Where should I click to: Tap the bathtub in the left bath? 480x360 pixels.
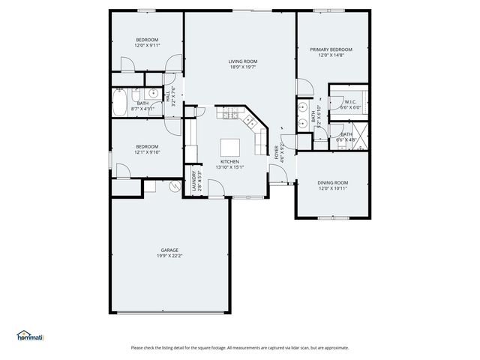(121, 103)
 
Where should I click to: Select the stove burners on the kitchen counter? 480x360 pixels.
(229, 115)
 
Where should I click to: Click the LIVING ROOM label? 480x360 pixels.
(243, 61)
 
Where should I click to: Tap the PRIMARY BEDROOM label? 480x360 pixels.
(331, 49)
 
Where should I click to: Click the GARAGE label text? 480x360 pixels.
(169, 250)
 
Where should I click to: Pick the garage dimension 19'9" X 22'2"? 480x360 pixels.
(169, 256)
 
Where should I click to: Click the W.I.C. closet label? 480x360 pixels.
(350, 103)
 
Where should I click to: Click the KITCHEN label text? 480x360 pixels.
(229, 161)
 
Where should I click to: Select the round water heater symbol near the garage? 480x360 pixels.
(175, 186)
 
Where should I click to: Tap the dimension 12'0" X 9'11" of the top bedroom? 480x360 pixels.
(147, 45)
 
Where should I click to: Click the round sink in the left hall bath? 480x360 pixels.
(152, 94)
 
